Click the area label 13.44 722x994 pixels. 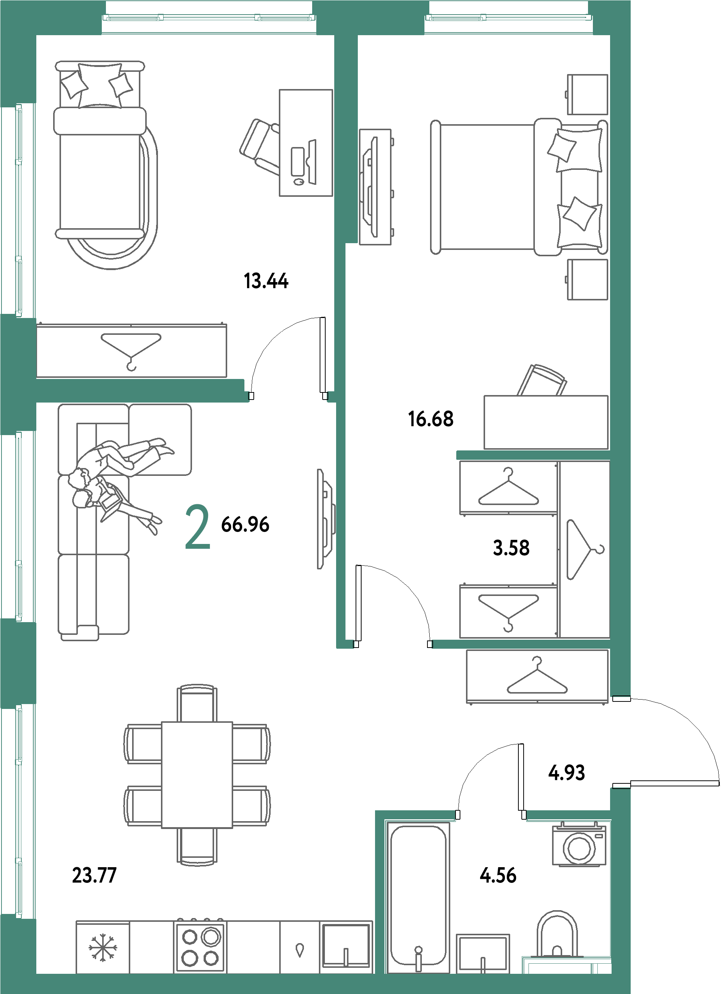point(266,281)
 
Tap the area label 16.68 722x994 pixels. point(431,419)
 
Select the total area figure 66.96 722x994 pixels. point(245,524)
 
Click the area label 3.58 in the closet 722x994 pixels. point(511,548)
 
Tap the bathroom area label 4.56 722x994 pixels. point(498,875)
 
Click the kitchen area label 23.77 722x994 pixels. point(94,875)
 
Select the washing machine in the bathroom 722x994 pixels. point(579,844)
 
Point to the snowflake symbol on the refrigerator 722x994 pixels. point(103,948)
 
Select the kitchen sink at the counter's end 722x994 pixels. point(346,946)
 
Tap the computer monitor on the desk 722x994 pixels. point(312,162)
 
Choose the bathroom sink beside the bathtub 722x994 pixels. point(483,954)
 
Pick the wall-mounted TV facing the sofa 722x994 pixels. point(326,519)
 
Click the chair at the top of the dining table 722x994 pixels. point(197,703)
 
